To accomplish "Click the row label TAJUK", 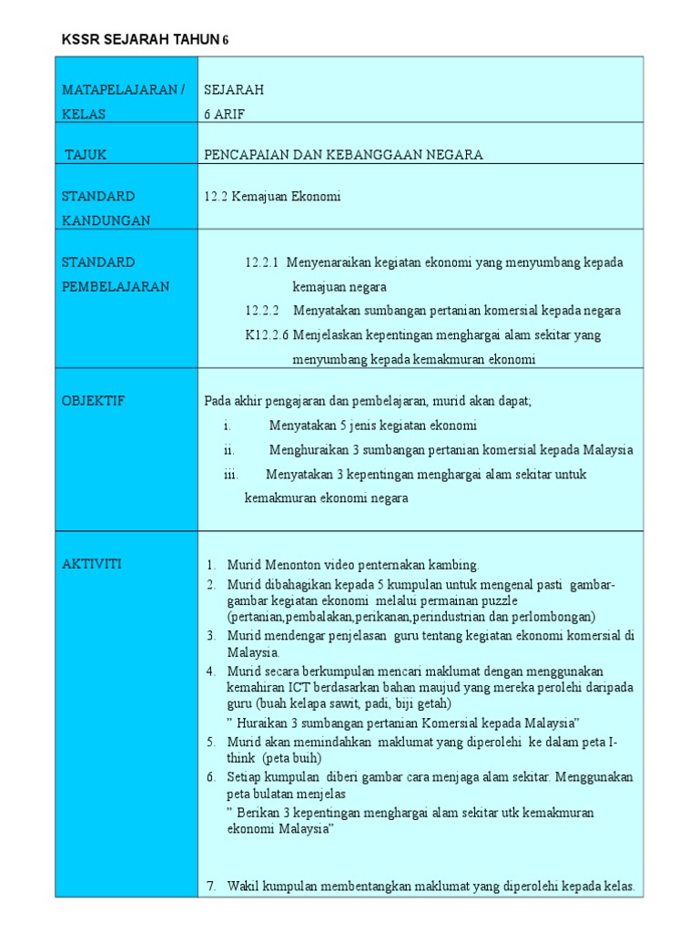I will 86,155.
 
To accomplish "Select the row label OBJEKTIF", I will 93,401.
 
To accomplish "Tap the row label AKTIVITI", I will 91,564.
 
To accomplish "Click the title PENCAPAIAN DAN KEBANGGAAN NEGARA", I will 343,155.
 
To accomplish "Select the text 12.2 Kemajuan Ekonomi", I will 273,196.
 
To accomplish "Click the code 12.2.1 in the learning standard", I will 262,262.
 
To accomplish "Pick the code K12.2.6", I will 267,335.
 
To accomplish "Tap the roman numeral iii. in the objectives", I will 231,475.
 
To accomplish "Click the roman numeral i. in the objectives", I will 227,425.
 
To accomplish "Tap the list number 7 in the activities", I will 210,886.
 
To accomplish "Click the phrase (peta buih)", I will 290,758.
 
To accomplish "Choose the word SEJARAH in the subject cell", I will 234,89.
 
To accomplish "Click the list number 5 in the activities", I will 210,743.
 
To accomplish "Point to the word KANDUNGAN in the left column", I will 106,220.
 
